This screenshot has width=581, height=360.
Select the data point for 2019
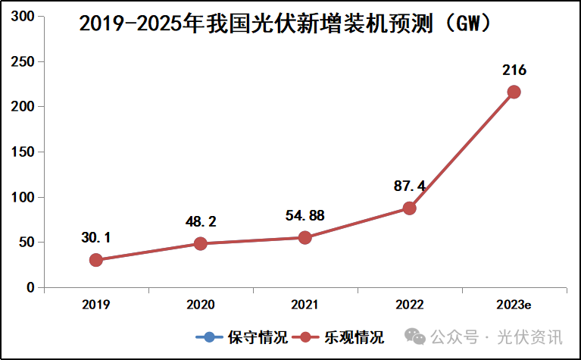[96, 260]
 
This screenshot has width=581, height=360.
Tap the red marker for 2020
[200, 243]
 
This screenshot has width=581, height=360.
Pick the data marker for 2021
[305, 237]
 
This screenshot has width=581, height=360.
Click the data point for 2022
[409, 208]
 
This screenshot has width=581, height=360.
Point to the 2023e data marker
[514, 92]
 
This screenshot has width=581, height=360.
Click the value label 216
[514, 70]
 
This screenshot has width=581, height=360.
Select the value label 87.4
[409, 186]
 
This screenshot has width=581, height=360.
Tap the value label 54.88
[305, 216]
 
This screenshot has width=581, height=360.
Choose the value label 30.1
[96, 238]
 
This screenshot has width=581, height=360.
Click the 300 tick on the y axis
[25, 17]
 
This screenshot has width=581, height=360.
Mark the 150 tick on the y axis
[25, 152]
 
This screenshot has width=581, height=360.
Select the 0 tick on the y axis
[30, 288]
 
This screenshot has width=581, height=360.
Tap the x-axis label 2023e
[514, 305]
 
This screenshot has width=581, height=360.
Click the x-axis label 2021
[305, 305]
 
